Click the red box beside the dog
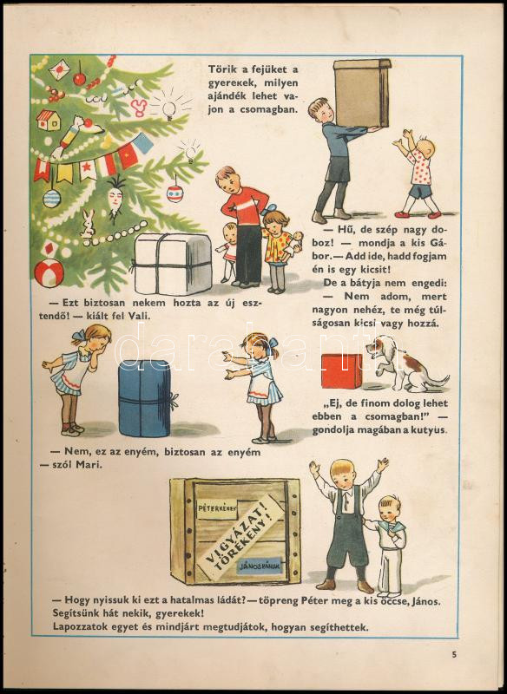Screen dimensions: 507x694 [x=341, y=371]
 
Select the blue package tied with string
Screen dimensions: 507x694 [x=145, y=397]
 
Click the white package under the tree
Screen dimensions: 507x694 [x=173, y=264]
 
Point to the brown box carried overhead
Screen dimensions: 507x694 [x=362, y=93]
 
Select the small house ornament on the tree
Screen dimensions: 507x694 [x=49, y=120]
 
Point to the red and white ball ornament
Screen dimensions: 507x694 [x=49, y=272]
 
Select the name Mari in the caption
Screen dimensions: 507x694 [x=90, y=465]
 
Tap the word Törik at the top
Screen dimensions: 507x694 [x=222, y=69]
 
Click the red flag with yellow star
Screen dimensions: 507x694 [x=127, y=157]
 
